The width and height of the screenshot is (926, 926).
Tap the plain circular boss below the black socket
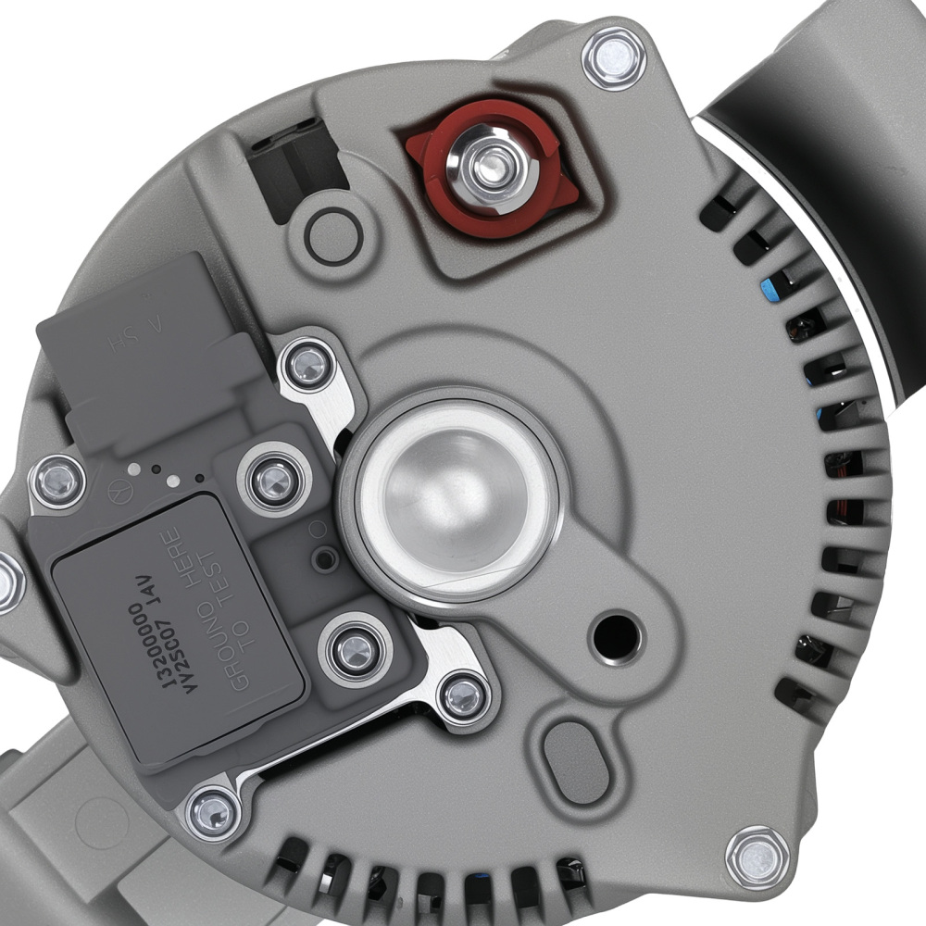tap(333, 236)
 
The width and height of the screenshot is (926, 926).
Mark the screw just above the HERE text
tap(274, 480)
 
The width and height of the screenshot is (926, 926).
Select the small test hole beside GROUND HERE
tap(325, 558)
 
